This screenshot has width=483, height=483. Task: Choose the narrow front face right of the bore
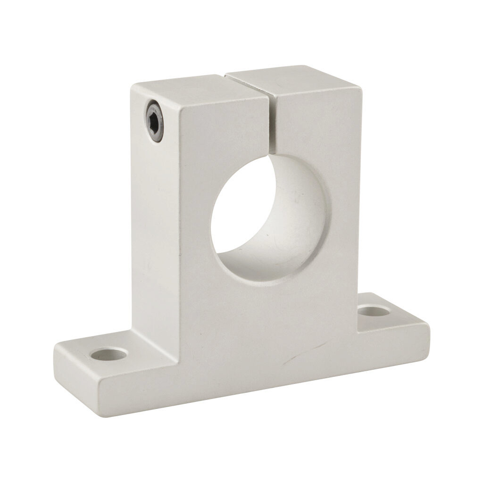tap(342, 212)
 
